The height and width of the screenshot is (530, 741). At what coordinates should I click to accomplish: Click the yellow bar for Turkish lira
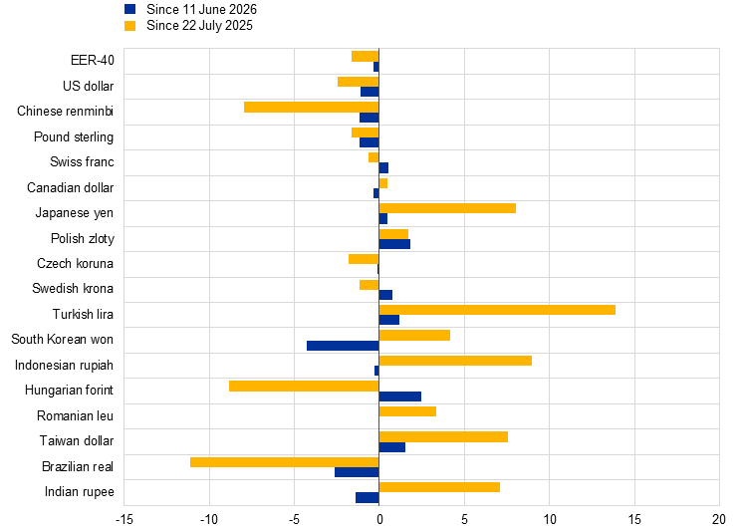click(497, 310)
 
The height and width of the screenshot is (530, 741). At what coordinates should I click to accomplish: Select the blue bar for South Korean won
click(343, 346)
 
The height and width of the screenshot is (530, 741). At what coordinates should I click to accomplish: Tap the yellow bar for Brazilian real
click(285, 462)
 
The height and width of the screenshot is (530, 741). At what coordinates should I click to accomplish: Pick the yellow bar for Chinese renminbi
click(312, 107)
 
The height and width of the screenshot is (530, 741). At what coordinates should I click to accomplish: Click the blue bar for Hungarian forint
click(399, 397)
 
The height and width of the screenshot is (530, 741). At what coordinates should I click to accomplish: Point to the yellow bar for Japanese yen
click(447, 208)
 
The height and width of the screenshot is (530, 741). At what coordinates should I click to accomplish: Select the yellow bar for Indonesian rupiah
click(455, 361)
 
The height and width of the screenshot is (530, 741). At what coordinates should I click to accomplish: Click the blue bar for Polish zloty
click(394, 244)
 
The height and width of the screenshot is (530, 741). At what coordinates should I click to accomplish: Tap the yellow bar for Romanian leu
click(407, 411)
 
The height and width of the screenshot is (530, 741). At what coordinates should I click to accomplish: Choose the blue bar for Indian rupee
click(368, 497)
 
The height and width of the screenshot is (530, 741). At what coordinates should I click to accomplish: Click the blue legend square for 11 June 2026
click(129, 9)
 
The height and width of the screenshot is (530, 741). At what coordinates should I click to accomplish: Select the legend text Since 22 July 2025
click(199, 26)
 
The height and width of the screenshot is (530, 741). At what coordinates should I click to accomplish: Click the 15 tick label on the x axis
click(634, 520)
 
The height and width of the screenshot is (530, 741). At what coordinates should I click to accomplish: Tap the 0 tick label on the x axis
click(379, 520)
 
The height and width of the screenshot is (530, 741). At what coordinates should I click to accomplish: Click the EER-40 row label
click(93, 60)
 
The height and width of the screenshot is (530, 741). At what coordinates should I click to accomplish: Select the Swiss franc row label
click(82, 161)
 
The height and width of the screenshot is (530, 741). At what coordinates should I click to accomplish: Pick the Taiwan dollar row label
click(77, 440)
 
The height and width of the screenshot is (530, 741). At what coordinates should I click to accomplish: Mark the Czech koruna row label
click(75, 263)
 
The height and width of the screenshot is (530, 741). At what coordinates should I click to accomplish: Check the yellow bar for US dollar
click(359, 82)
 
